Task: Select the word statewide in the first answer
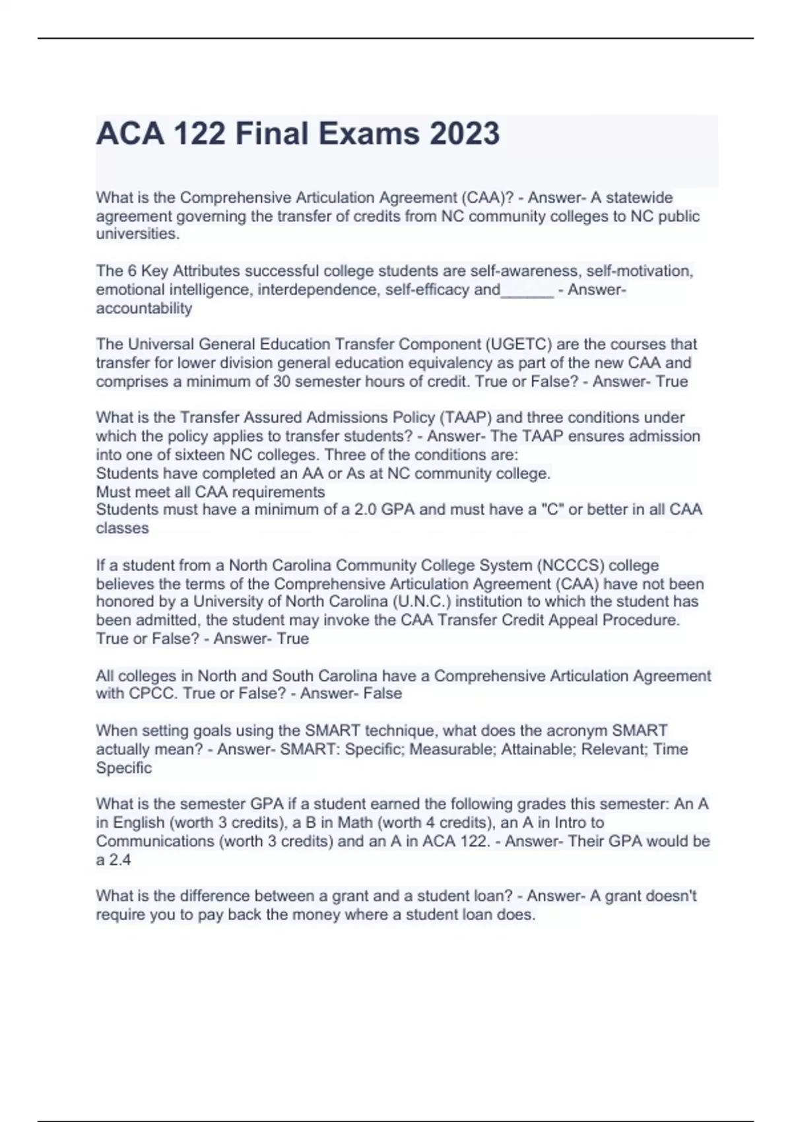pos(639,197)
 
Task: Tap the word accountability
pos(144,308)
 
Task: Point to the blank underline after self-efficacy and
pos(527,290)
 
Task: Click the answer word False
pos(382,694)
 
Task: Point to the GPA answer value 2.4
pos(119,860)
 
